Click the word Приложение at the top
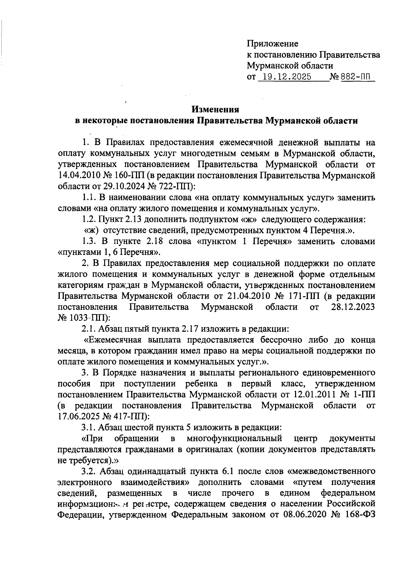[272, 44]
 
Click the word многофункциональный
[234, 438]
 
